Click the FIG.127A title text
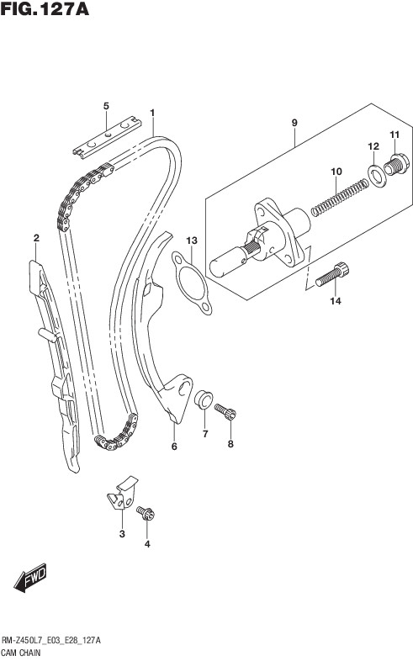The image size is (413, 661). pyautogui.click(x=45, y=9)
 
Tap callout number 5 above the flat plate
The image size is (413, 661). pyautogui.click(x=106, y=106)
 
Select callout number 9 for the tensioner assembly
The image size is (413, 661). pyautogui.click(x=294, y=123)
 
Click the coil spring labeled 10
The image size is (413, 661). pyautogui.click(x=339, y=197)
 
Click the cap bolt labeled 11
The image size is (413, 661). pyautogui.click(x=396, y=164)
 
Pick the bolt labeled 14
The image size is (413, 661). pyautogui.click(x=332, y=274)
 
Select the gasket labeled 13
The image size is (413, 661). pyautogui.click(x=192, y=283)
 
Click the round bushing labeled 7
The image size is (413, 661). pyautogui.click(x=204, y=399)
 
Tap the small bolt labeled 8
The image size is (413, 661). pyautogui.click(x=225, y=412)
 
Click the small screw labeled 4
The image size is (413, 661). pyautogui.click(x=146, y=513)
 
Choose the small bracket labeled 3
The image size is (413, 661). pyautogui.click(x=123, y=492)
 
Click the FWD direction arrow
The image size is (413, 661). pyautogui.click(x=30, y=578)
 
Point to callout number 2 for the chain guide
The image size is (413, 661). pyautogui.click(x=36, y=238)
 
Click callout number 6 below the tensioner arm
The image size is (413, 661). pyautogui.click(x=174, y=447)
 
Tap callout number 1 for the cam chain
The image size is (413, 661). pyautogui.click(x=152, y=113)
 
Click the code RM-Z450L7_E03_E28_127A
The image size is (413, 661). pyautogui.click(x=51, y=641)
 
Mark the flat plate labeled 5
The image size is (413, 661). pyautogui.click(x=108, y=138)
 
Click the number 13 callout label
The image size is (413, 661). pyautogui.click(x=192, y=241)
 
